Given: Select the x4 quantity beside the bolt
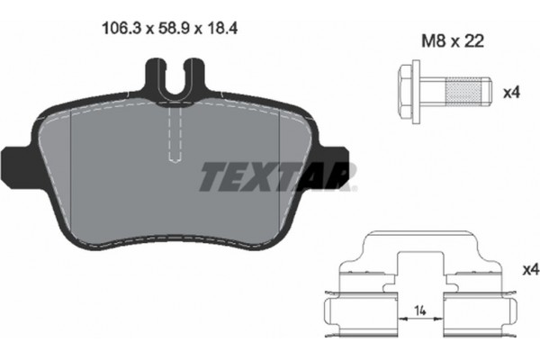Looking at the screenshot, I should pyautogui.click(x=510, y=91).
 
